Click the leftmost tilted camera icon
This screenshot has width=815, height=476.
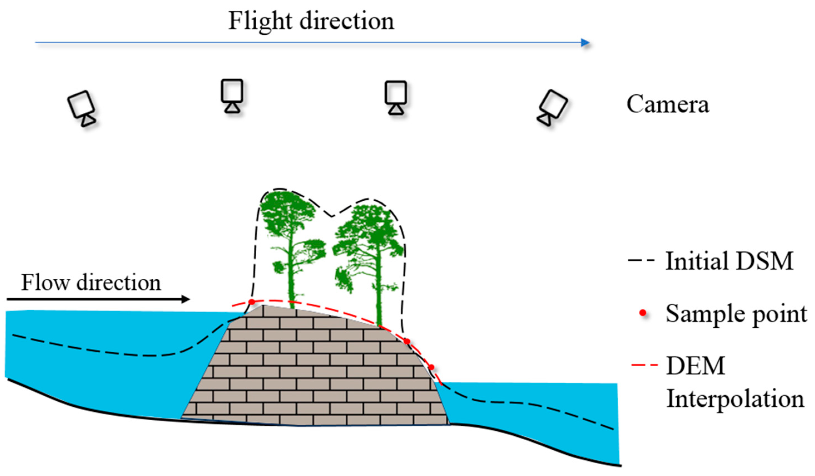click(81, 108)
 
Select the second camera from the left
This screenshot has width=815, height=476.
click(232, 95)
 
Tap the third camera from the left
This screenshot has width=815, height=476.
click(395, 97)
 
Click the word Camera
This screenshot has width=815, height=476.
click(668, 104)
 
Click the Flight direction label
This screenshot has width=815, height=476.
click(311, 21)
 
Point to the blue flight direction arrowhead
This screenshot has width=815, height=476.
click(585, 42)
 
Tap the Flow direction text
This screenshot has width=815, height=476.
click(91, 283)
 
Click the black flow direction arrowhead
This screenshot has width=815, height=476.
click(185, 299)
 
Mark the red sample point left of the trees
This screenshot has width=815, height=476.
click(251, 302)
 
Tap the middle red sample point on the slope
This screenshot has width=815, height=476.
click(407, 341)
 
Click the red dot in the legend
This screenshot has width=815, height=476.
click(643, 313)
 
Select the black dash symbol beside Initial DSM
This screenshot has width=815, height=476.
click(641, 260)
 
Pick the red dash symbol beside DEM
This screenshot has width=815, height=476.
click(645, 365)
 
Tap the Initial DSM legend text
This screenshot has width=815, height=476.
click(729, 261)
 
